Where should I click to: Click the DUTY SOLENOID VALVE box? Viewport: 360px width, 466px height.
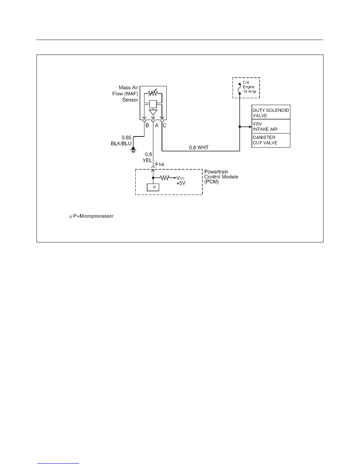tap(271, 112)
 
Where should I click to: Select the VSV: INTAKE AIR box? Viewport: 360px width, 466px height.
tap(271, 126)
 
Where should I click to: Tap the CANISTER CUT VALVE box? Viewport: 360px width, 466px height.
tap(271, 140)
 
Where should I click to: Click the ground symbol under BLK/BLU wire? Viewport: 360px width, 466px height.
tap(133, 150)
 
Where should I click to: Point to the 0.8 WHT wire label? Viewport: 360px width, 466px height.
tap(199, 147)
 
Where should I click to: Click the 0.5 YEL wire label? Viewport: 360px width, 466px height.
tap(147, 158)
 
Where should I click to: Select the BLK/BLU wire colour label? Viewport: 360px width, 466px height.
tap(121, 144)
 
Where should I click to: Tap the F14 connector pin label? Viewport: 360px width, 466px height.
tap(160, 164)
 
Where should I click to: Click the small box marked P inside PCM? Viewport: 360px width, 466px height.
tap(153, 187)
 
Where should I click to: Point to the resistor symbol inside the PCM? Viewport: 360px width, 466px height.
tap(165, 178)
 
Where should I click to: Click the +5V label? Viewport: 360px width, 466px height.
tap(181, 183)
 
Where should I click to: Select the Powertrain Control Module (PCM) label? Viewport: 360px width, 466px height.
tap(221, 177)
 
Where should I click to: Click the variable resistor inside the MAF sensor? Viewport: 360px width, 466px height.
tap(153, 93)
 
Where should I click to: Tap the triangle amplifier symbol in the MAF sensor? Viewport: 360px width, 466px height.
tap(153, 113)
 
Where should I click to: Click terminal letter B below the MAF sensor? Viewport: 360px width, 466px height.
tap(147, 126)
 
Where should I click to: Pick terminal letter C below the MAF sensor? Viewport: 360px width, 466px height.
tap(165, 126)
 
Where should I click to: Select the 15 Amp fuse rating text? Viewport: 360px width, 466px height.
tap(249, 91)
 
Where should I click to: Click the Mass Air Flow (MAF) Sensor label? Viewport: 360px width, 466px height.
tap(125, 94)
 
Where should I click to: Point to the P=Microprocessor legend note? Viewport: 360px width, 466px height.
tap(91, 216)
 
